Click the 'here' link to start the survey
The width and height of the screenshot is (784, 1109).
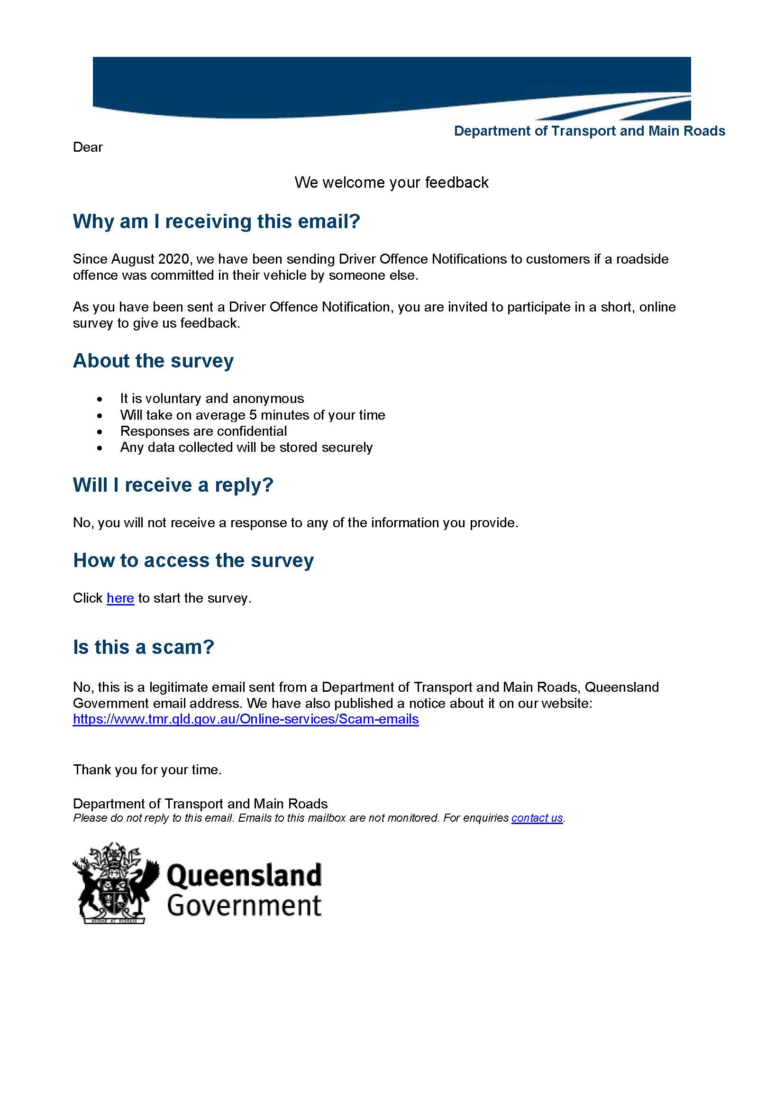tap(120, 598)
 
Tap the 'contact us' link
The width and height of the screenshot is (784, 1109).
tap(537, 818)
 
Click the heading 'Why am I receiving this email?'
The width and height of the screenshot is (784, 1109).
tap(216, 221)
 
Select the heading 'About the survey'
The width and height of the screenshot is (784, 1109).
tap(153, 361)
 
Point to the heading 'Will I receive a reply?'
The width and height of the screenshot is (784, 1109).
tap(173, 485)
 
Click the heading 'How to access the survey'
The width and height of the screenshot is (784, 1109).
tap(193, 560)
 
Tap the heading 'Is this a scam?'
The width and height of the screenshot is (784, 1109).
tap(143, 647)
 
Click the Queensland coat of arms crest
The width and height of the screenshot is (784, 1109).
tap(115, 883)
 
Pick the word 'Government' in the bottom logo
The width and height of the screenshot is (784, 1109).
tap(244, 906)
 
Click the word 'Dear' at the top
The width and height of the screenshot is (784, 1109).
tap(87, 147)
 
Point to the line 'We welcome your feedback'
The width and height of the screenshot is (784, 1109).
tap(392, 183)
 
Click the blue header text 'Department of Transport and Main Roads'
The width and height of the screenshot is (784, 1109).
tap(590, 131)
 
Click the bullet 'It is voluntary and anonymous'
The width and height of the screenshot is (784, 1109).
tap(212, 398)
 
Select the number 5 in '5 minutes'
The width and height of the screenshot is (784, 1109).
tap(253, 415)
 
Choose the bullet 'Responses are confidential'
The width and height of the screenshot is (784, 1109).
tap(203, 431)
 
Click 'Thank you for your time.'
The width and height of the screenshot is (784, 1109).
tap(147, 770)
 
